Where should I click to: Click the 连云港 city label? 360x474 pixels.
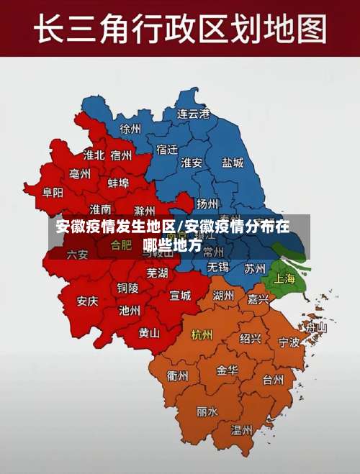pyautogui.click(x=194, y=114)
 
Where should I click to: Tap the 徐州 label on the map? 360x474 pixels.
pyautogui.click(x=131, y=129)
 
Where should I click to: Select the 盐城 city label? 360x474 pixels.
pyautogui.click(x=233, y=163)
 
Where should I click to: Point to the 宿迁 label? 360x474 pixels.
pyautogui.click(x=166, y=149)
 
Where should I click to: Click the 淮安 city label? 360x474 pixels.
pyautogui.click(x=192, y=163)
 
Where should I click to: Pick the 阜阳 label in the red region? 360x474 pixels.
pyautogui.click(x=53, y=192)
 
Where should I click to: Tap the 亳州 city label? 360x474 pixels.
pyautogui.click(x=80, y=174)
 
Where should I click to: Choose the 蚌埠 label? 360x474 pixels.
pyautogui.click(x=118, y=183)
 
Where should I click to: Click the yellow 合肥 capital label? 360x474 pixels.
pyautogui.click(x=121, y=245)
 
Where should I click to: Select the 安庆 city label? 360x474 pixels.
pyautogui.click(x=87, y=301)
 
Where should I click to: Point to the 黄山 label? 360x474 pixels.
pyautogui.click(x=149, y=333)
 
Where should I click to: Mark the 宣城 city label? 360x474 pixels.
pyautogui.click(x=180, y=295)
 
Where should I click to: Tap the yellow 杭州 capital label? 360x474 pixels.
pyautogui.click(x=202, y=334)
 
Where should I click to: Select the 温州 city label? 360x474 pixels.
pyautogui.click(x=241, y=430)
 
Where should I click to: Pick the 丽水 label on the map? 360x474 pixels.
pyautogui.click(x=207, y=412)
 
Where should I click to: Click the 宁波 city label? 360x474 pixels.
pyautogui.click(x=289, y=342)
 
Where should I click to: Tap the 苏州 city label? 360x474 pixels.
pyautogui.click(x=255, y=268)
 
